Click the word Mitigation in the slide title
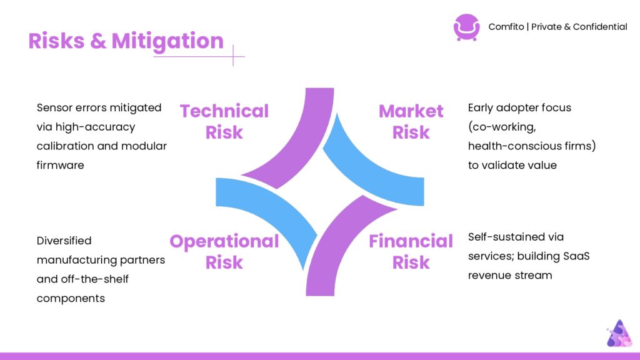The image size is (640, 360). click(167, 42)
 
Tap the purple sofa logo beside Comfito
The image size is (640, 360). click(466, 27)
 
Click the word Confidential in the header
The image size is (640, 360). click(600, 27)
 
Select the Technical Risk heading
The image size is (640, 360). click(224, 122)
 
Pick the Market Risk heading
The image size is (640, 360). click(411, 122)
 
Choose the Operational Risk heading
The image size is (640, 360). click(224, 251)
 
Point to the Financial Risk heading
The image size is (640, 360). click(411, 251)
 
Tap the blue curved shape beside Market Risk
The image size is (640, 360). click(367, 171)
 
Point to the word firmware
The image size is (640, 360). click(61, 165)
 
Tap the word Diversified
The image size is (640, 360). click(64, 241)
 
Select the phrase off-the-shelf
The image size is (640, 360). click(95, 279)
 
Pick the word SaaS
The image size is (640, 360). click(576, 256)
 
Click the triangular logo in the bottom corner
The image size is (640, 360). click(619, 334)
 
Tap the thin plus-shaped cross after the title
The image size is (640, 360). click(234, 56)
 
